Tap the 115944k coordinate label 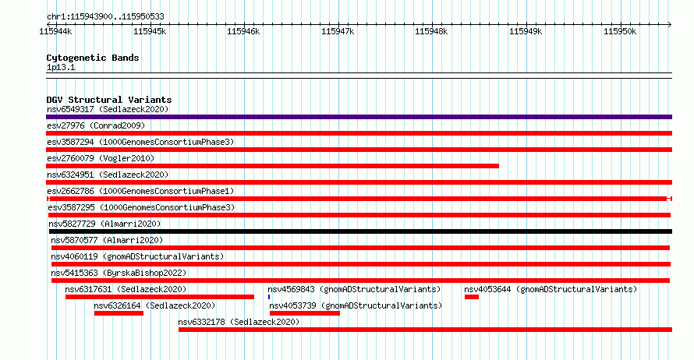tap(55, 31)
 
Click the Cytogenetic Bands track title tap(93, 58)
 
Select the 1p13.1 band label tap(61, 67)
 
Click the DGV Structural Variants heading tap(108, 100)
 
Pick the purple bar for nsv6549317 tap(359, 117)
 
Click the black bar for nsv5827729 tap(359, 231)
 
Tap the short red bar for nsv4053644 tap(471, 297)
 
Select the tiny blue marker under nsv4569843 tap(269, 297)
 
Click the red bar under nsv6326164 tap(119, 313)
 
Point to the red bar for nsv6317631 tap(160, 297)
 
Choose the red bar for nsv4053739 tap(304, 313)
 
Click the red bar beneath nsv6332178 tap(425, 330)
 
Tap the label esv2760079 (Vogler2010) tap(100, 158)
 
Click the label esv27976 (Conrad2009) tap(96, 125)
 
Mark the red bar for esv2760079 tap(272, 166)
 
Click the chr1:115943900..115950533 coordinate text tap(105, 16)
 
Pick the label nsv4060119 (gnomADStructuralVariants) tap(137, 256)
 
